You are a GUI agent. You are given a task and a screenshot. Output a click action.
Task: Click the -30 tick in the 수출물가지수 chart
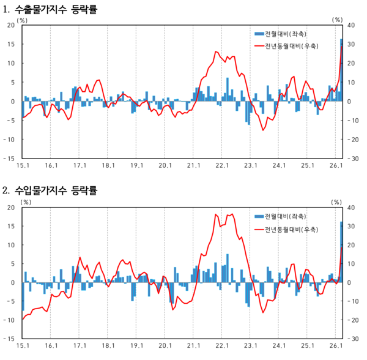[x=353, y=158]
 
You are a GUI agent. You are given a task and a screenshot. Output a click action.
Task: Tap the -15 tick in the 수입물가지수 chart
[x=10, y=339]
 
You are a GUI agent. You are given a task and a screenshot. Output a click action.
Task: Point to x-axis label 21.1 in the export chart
[x=194, y=165]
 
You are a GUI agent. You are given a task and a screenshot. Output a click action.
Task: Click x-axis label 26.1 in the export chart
[x=336, y=165]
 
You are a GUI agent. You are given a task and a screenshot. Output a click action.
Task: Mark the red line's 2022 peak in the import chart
[x=232, y=214]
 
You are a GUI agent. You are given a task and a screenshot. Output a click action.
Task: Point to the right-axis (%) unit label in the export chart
[x=338, y=20]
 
